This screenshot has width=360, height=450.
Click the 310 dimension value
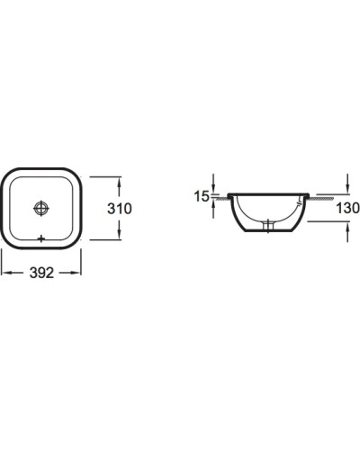pyautogui.click(x=120, y=209)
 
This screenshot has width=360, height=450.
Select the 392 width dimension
pyautogui.click(x=41, y=273)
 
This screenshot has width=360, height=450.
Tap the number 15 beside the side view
pyautogui.click(x=201, y=196)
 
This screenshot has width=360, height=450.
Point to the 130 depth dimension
pyautogui.click(x=347, y=208)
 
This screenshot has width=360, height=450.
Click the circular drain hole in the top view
pyautogui.click(x=41, y=208)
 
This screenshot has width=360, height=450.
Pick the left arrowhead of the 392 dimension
pyautogui.click(x=6, y=273)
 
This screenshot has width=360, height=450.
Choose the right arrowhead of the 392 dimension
pyautogui.click(x=76, y=273)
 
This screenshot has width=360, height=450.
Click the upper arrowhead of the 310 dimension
pyautogui.click(x=120, y=182)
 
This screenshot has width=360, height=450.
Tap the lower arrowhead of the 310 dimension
pyautogui.click(x=120, y=235)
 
